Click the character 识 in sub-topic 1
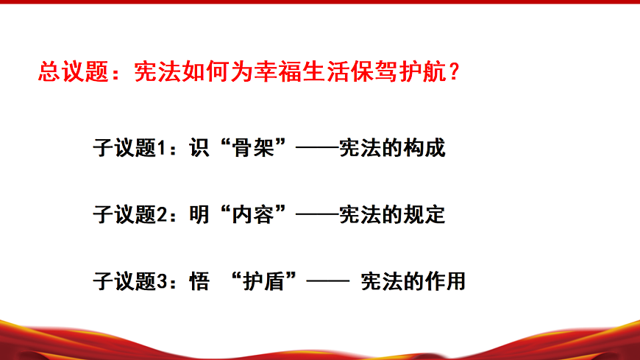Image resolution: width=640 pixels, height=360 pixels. [x=195, y=148]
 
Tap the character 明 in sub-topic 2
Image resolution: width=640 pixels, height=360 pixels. [x=195, y=215]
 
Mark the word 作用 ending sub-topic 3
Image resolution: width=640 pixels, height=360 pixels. [x=449, y=281]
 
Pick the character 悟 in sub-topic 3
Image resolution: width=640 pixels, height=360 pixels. [x=196, y=281]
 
